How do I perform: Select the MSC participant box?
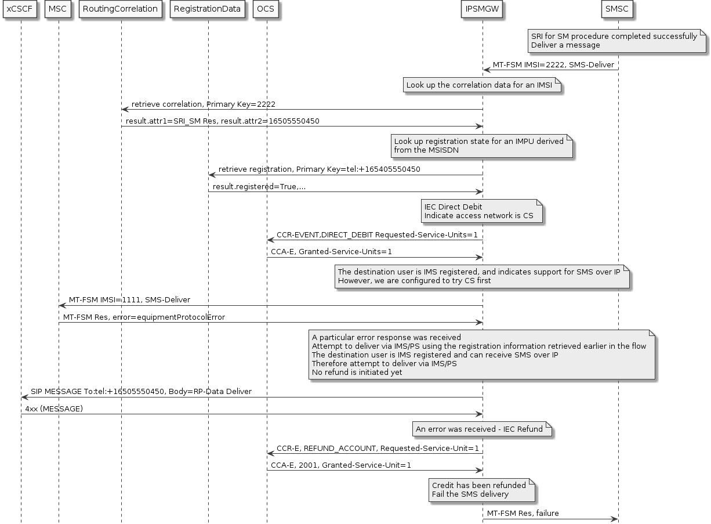click(x=58, y=9)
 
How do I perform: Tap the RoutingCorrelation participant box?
click(x=121, y=9)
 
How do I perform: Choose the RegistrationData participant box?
click(x=208, y=9)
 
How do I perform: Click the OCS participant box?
click(x=266, y=9)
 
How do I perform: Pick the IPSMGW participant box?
click(x=482, y=9)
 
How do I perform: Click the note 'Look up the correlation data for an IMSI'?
click(x=483, y=86)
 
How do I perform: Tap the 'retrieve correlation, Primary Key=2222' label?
click(x=203, y=104)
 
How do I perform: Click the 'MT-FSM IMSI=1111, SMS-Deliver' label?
click(x=129, y=300)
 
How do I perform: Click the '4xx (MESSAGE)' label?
click(x=54, y=409)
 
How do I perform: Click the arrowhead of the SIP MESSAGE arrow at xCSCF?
click(x=24, y=397)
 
